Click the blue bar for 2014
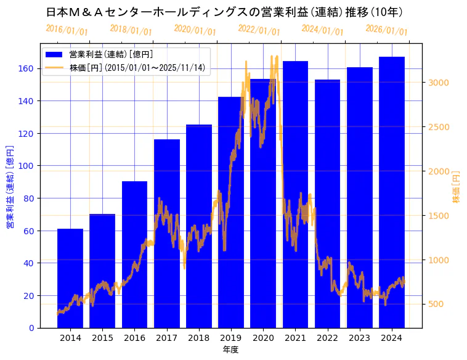[70, 278]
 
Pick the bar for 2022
[327, 203]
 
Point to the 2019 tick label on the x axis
[231, 338]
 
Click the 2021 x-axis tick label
[295, 338]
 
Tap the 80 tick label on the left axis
[30, 198]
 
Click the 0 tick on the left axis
[32, 328]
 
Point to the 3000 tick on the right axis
[439, 83]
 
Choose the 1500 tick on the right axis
[439, 216]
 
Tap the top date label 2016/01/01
[67, 30]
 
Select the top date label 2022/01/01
[259, 30]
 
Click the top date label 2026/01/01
[386, 30]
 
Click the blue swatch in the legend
[54, 55]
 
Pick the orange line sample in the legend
[54, 68]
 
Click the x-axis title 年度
[230, 350]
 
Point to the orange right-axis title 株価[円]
[457, 187]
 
